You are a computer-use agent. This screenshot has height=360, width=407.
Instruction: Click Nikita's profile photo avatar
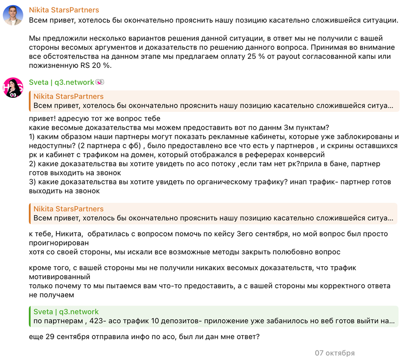pyautogui.click(x=13, y=16)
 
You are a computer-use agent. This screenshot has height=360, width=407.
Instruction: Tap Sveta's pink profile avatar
pyautogui.click(x=13, y=88)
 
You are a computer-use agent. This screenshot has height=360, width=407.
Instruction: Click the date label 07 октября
pyautogui.click(x=334, y=353)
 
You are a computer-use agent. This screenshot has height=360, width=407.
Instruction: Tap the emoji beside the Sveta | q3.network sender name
pyautogui.click(x=100, y=82)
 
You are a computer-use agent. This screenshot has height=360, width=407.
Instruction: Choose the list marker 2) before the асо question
pyautogui.click(x=33, y=164)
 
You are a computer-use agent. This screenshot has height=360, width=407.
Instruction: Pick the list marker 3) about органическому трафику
pyautogui.click(x=33, y=182)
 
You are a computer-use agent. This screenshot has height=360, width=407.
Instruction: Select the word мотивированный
pyautogui.click(x=60, y=277)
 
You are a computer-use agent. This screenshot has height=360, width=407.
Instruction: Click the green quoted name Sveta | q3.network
pyautogui.click(x=66, y=312)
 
